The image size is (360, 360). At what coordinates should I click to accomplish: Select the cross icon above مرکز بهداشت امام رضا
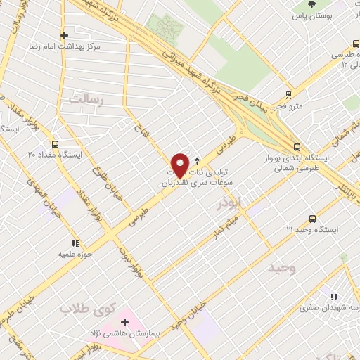point(64,34)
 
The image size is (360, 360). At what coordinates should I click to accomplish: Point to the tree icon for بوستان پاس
point(311,4)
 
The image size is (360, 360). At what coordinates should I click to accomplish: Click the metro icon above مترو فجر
point(288,95)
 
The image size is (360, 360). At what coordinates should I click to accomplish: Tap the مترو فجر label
point(288,106)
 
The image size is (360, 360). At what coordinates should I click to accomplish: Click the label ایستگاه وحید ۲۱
point(312,230)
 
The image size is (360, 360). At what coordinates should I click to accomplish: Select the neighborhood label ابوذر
point(229,202)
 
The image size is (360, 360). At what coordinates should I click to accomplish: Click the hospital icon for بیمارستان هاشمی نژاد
point(124,321)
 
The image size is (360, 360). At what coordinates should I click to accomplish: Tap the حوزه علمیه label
point(72,254)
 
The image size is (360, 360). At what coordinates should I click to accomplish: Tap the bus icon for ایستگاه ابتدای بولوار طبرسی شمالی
point(297,147)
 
